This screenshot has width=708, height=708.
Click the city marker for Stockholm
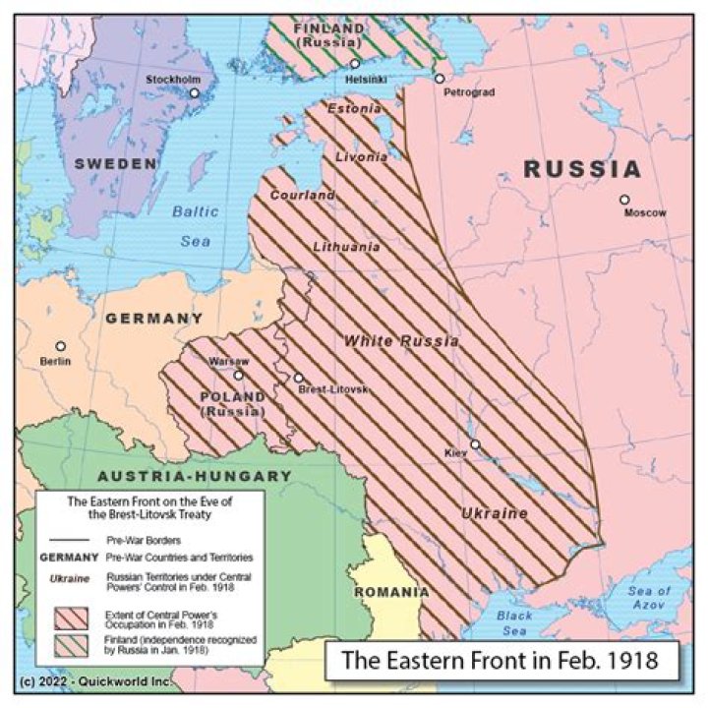click(x=195, y=93)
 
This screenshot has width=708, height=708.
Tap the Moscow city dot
click(x=624, y=200)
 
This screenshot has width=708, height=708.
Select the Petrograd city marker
click(x=440, y=79)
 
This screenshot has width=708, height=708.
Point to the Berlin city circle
click(x=60, y=346)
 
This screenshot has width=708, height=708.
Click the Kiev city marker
click(x=475, y=444)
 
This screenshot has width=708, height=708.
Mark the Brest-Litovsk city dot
click(x=299, y=378)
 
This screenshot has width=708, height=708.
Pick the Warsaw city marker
click(x=238, y=375)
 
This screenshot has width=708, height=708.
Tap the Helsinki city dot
click(x=355, y=64)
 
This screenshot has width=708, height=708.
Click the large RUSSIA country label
click(x=582, y=169)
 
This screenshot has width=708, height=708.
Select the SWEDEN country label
click(x=116, y=163)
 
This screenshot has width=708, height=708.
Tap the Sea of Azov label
click(x=649, y=598)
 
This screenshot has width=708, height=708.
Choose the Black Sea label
click(x=514, y=622)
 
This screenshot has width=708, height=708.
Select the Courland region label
click(x=302, y=196)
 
